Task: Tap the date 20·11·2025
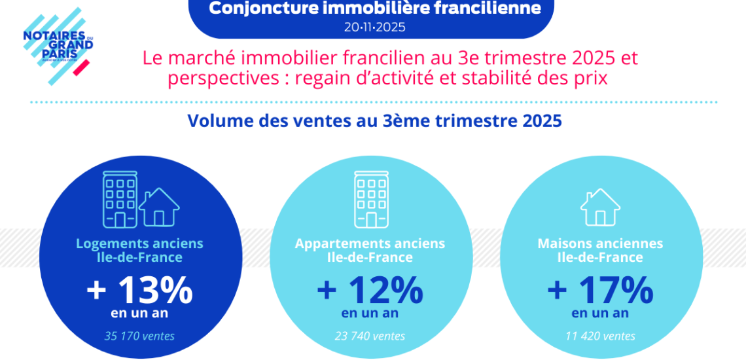(374, 27)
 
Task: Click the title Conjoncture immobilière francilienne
(374, 9)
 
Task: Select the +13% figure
(139, 290)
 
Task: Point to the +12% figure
(370, 290)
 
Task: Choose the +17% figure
(600, 290)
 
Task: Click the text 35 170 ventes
(139, 336)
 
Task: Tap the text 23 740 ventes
(370, 336)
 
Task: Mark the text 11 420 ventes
(600, 336)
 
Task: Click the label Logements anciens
(139, 243)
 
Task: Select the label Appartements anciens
(370, 243)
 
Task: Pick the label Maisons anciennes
(600, 243)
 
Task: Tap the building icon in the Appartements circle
(370, 200)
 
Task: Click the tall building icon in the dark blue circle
(120, 200)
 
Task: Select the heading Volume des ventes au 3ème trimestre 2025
(374, 121)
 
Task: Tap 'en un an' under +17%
(600, 313)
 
